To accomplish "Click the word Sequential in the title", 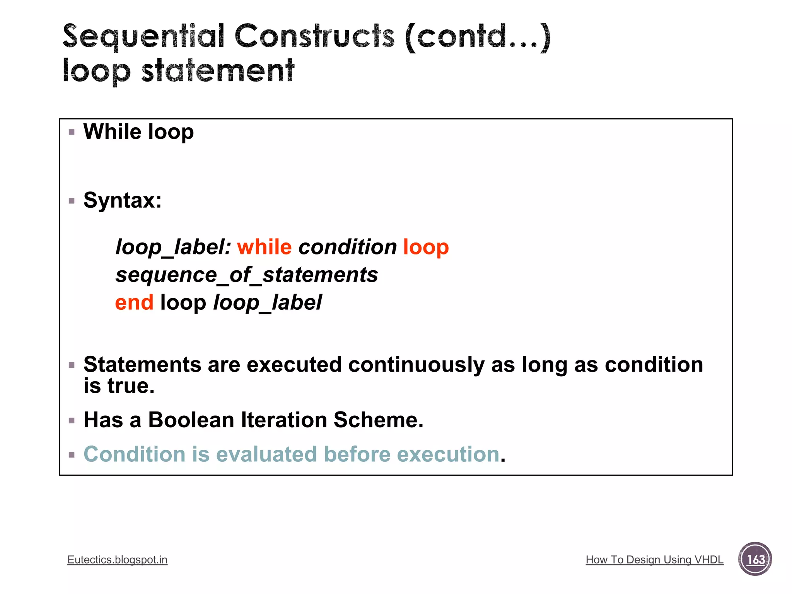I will pyautogui.click(x=143, y=37).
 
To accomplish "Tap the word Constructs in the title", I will pyautogui.click(x=314, y=37).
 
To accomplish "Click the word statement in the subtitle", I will pyautogui.click(x=218, y=71).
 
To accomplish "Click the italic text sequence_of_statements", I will pyautogui.click(x=247, y=275).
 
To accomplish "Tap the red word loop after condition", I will pyautogui.click(x=426, y=247).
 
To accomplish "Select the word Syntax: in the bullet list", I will pyautogui.click(x=122, y=200).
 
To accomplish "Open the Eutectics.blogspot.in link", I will pyautogui.click(x=117, y=560).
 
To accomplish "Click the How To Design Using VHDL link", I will pyautogui.click(x=654, y=560).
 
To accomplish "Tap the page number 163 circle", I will pyautogui.click(x=755, y=559).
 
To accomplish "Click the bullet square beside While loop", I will pyautogui.click(x=72, y=132).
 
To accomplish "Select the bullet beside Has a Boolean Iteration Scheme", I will pyautogui.click(x=72, y=421).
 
